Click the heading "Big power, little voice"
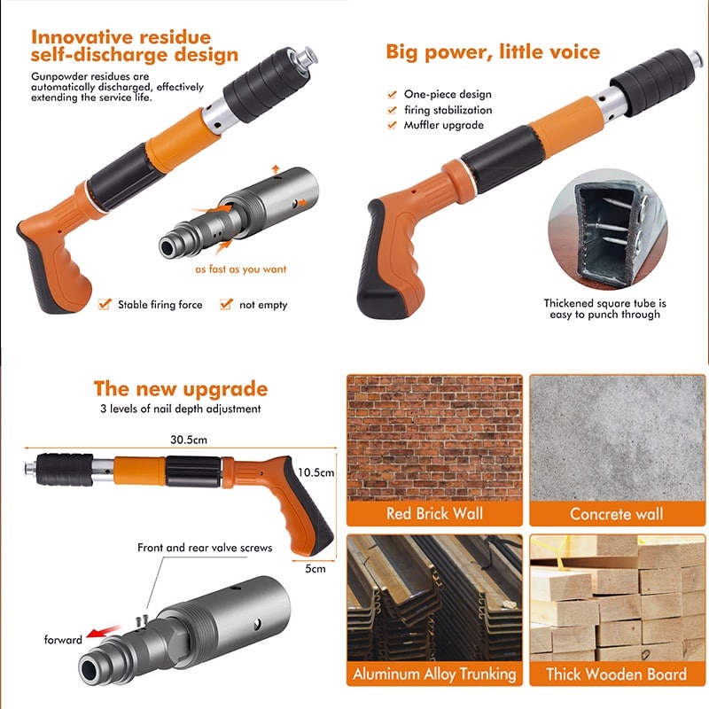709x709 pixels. [x=493, y=52]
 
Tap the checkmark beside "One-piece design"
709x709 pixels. [x=392, y=94]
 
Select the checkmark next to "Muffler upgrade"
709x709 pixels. [x=392, y=125]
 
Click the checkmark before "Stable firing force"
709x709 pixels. [x=105, y=304]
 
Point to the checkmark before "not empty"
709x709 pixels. [x=226, y=304]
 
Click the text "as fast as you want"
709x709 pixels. [x=240, y=269]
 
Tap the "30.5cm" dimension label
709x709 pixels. [x=189, y=440]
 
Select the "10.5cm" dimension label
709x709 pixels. [x=316, y=472]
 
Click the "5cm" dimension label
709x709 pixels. [x=316, y=569]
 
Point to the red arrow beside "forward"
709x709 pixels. [x=104, y=632]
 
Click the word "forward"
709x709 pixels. [x=63, y=640]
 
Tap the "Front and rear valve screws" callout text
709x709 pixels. [x=205, y=548]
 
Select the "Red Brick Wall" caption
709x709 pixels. [x=434, y=514]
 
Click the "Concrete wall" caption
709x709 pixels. [x=617, y=514]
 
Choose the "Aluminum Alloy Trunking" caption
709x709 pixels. [x=434, y=674]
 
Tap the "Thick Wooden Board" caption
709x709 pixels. [x=617, y=674]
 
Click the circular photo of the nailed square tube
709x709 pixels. [x=607, y=230]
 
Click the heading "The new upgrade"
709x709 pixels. [x=181, y=389]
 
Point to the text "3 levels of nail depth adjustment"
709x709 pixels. [x=181, y=409]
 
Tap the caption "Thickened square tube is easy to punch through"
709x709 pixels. [x=605, y=308]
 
